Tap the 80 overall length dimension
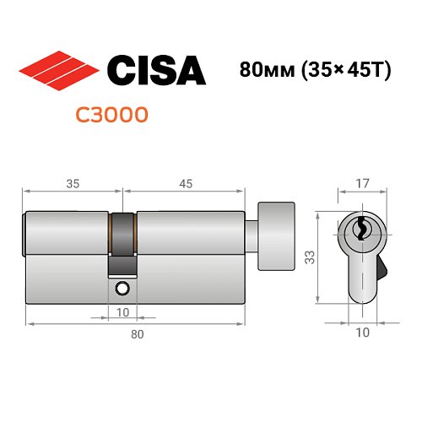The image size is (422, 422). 136,335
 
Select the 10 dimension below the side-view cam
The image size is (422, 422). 122,311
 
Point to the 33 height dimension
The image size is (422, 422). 311,254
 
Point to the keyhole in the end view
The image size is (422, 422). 360,228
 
